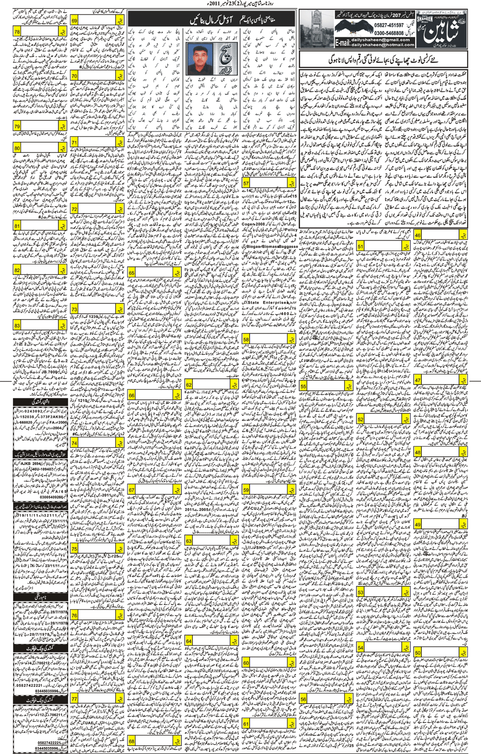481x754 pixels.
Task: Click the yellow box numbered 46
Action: point(418,236)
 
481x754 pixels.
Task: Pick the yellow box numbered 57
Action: point(246,183)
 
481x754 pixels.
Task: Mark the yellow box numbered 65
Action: point(132,272)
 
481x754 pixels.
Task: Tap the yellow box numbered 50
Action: point(418,652)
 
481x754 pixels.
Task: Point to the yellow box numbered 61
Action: point(246,723)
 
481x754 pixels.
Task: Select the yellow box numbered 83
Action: point(18,325)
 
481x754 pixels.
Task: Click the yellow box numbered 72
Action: point(75,209)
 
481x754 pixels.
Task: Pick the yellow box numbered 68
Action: point(132,741)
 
